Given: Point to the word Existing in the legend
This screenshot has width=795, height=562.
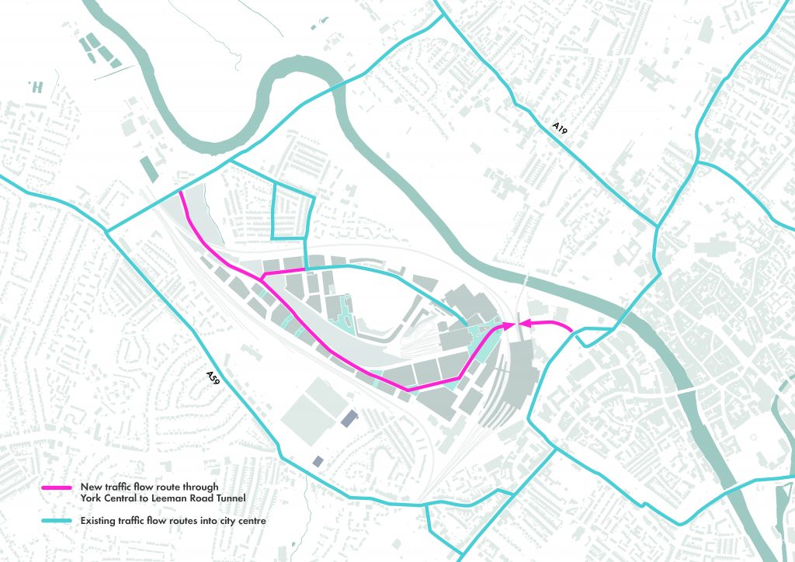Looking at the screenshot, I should click(99, 521).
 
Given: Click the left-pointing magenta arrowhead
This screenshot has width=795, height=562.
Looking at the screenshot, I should click(524, 324).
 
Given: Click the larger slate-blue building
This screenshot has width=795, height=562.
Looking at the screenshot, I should click(347, 419).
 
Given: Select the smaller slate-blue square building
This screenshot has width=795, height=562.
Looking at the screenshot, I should click(318, 462).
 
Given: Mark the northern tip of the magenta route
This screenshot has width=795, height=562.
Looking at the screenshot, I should click(180, 193).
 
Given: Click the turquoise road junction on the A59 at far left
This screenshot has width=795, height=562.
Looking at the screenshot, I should click(107, 230).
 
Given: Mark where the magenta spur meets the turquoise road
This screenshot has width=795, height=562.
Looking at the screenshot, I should click(306, 269).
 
